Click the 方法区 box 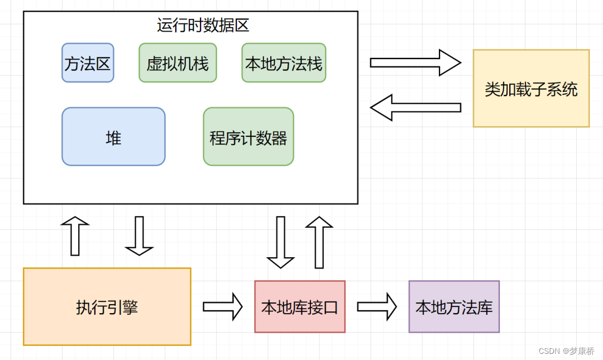tap(88, 63)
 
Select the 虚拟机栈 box tap(178, 63)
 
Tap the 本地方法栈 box tap(284, 63)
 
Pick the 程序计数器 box tap(248, 137)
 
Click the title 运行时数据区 tap(203, 25)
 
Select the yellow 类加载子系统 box tap(531, 89)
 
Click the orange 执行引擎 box tap(107, 307)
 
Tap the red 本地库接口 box tap(300, 307)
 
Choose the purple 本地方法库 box tap(454, 307)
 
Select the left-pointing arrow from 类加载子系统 tap(415, 107)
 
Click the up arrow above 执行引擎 tap(75, 236)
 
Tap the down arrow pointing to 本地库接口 tap(280, 242)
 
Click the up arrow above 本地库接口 tap(319, 242)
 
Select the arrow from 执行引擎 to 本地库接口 tap(222, 306)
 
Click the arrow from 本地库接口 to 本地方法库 tap(376, 306)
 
